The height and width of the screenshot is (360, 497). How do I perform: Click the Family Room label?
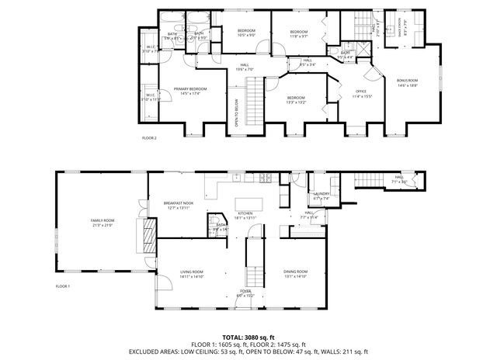click(x=103, y=223)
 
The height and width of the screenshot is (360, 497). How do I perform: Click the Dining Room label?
click(x=296, y=273)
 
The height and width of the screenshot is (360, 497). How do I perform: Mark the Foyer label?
click(x=245, y=293)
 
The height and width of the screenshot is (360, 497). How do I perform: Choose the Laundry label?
click(x=321, y=196)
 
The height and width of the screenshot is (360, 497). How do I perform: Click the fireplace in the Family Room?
click(x=143, y=232)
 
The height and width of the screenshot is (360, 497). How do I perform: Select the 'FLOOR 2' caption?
click(x=149, y=137)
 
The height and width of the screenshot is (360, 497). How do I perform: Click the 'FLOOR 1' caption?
click(x=62, y=286)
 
